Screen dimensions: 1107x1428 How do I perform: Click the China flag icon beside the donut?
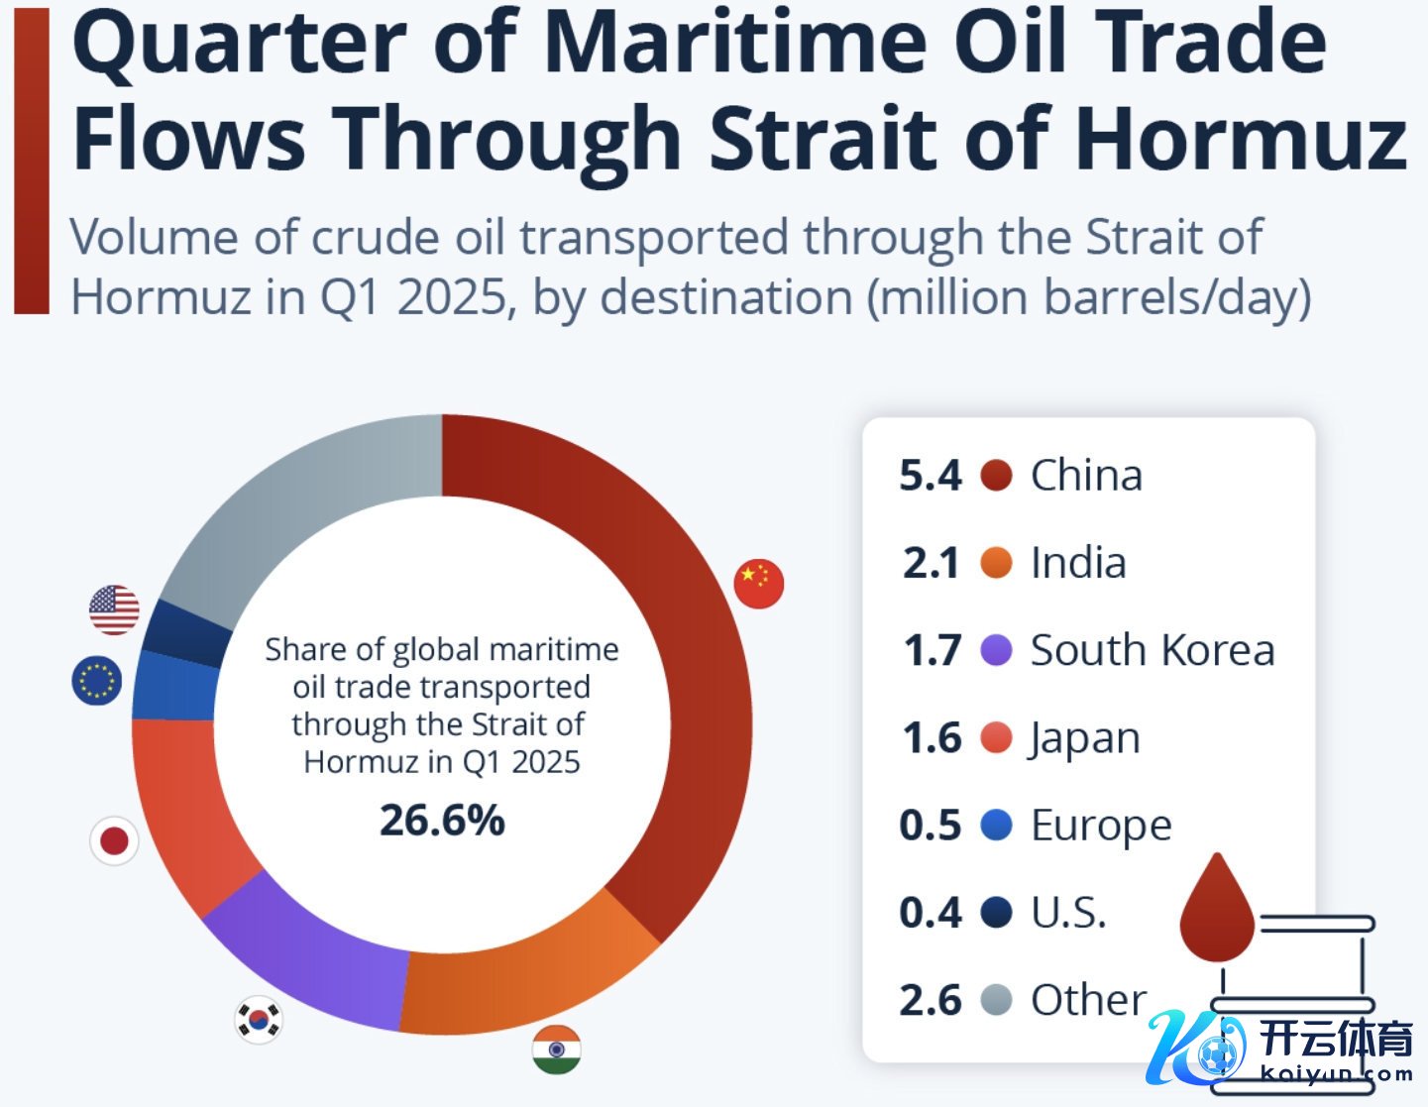click(759, 583)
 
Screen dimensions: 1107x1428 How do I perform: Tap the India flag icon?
click(556, 1050)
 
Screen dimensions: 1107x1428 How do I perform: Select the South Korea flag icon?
click(259, 1019)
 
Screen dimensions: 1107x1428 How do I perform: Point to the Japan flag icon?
click(114, 841)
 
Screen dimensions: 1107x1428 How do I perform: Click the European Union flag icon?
click(97, 681)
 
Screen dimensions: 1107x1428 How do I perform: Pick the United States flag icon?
click(114, 609)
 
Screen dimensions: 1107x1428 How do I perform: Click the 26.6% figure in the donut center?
click(442, 821)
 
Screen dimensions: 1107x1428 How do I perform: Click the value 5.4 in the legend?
click(930, 476)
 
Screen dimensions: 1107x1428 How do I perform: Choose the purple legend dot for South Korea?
click(996, 650)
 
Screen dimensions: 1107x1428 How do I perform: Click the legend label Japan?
click(1085, 738)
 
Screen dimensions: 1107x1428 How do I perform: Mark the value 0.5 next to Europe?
click(930, 826)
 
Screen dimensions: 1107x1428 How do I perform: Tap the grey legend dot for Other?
click(996, 1000)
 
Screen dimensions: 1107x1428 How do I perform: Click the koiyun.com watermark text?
click(1337, 1073)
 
